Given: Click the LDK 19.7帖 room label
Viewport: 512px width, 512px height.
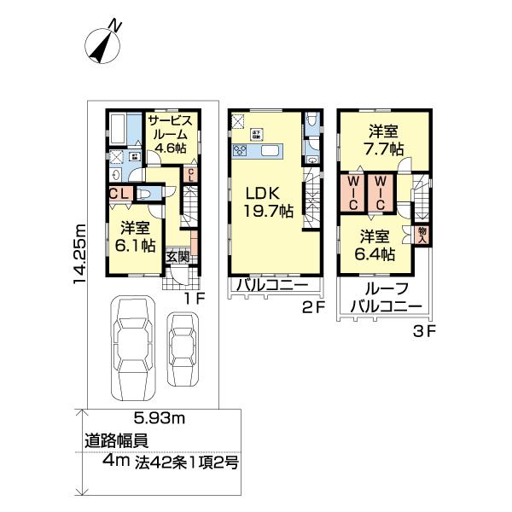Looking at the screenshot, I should (x=265, y=200).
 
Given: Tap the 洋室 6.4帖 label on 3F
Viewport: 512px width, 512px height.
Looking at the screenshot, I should (x=376, y=245).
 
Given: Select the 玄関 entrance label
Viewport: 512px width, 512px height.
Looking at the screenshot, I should (x=177, y=256).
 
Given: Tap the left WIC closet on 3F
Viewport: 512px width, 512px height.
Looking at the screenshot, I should (x=353, y=194).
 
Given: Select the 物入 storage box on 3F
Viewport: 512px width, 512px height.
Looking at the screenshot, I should (x=422, y=234).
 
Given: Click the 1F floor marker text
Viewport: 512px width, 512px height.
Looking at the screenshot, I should (x=195, y=299).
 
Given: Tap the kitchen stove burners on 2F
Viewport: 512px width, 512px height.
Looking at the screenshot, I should (x=241, y=151).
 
